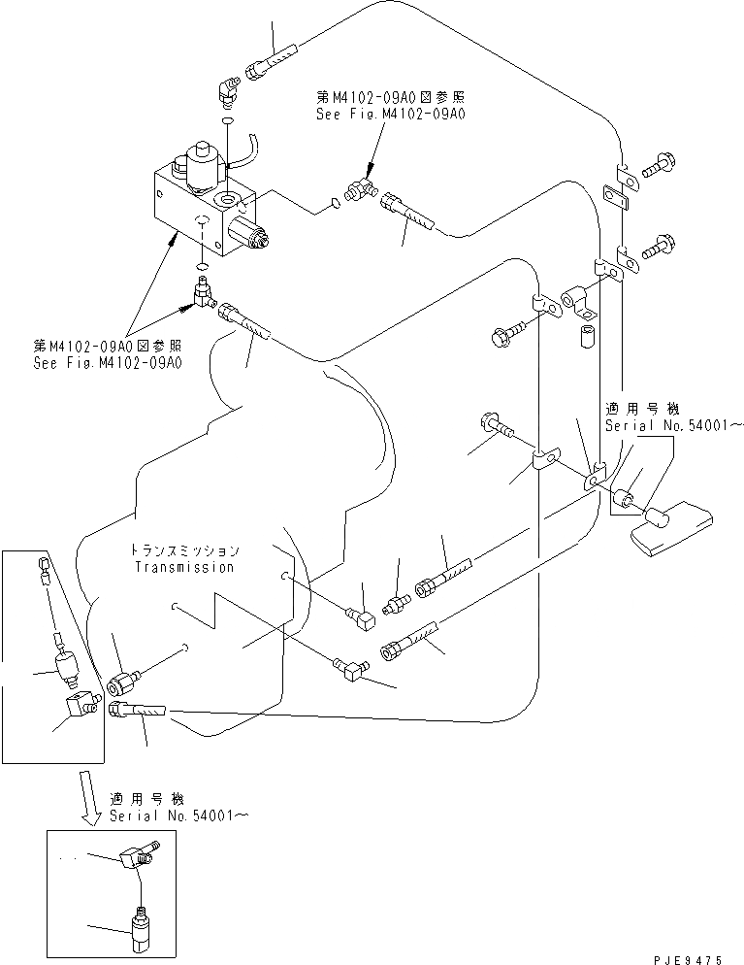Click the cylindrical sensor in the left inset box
point(66,667)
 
